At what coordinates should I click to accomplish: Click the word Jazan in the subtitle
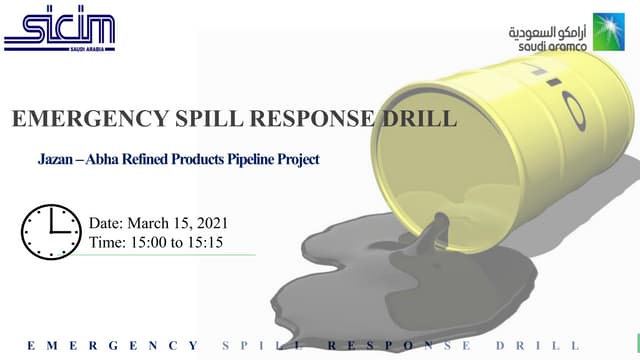coord(53,159)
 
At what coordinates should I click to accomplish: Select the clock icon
coord(51,232)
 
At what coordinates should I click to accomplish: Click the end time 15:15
coord(210,242)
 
